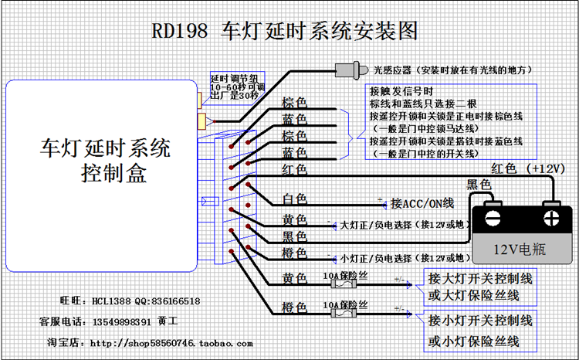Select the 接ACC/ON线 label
pos(422,203)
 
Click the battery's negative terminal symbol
pos(493,215)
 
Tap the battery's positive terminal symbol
pos(551,215)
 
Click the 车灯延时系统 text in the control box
pos(106,147)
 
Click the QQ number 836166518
pos(174,301)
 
